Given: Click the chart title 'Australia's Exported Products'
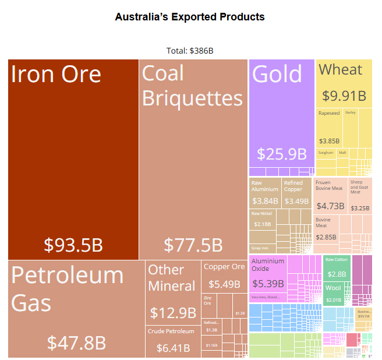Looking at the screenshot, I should coord(190,17).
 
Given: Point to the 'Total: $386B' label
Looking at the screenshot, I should coord(190,51).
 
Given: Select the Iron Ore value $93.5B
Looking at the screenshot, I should coord(73,245).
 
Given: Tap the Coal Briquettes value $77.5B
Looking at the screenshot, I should coord(193,245).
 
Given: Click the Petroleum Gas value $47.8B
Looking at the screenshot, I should coord(76,341).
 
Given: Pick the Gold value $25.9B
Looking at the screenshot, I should coord(282,154).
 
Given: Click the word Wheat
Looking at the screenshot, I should coord(341,70).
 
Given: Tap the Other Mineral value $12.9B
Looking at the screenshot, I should coord(173,313).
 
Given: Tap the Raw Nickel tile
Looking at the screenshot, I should coord(262,221).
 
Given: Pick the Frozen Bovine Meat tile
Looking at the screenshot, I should coord(330,196).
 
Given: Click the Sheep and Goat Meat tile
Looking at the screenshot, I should coord(360,196).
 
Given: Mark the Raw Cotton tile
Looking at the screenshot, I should coord(337,269).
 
